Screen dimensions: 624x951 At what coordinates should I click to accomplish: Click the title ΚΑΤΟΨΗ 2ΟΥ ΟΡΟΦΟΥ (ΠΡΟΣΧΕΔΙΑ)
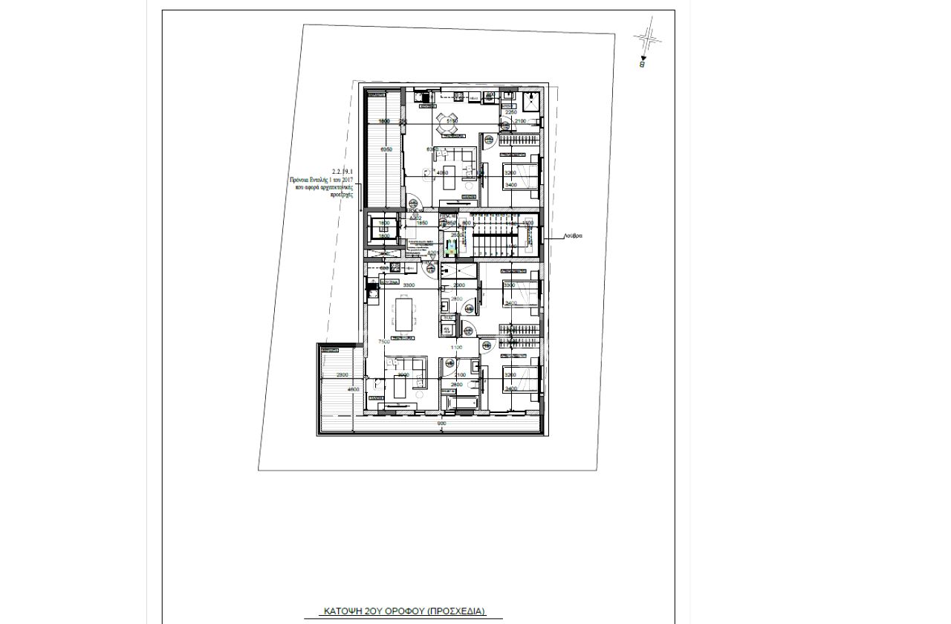click(x=404, y=611)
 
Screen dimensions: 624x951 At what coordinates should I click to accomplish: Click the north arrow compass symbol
click(x=647, y=39)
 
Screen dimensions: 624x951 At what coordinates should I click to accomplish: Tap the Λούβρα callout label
click(x=573, y=235)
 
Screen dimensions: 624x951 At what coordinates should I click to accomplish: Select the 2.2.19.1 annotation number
click(x=342, y=172)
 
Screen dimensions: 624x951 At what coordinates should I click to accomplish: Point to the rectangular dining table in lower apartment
click(x=405, y=314)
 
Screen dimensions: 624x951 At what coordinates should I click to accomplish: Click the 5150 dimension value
click(x=452, y=120)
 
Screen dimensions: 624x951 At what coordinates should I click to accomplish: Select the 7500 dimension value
click(x=385, y=342)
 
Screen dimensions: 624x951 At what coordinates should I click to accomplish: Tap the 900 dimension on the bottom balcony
click(x=441, y=423)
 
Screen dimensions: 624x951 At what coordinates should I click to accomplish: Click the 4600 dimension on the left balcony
click(x=354, y=389)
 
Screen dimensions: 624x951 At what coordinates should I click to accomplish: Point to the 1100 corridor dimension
click(x=456, y=347)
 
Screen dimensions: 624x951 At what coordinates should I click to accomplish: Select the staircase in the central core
click(x=493, y=235)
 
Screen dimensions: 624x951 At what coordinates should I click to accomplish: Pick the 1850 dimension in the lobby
click(x=422, y=223)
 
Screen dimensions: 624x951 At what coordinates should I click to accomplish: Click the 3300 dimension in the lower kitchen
click(x=409, y=285)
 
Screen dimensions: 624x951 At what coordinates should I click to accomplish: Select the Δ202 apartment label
click(x=416, y=218)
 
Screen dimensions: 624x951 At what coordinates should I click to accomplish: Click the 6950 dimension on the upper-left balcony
click(x=386, y=150)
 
